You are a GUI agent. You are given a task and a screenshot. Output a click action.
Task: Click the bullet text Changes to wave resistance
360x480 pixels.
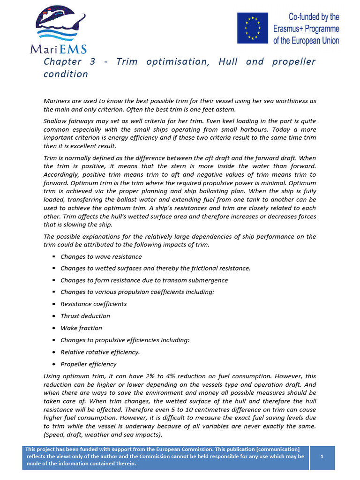[101, 256]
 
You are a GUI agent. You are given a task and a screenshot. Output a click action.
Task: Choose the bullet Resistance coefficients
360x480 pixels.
[93, 304]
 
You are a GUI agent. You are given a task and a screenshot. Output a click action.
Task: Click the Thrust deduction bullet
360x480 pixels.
[85, 316]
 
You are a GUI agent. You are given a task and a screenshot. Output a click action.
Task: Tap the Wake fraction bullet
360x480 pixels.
[81, 328]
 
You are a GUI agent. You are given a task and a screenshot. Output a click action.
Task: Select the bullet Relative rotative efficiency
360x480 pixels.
[100, 352]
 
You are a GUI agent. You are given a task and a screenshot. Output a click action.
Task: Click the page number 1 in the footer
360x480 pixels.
[322, 456]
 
